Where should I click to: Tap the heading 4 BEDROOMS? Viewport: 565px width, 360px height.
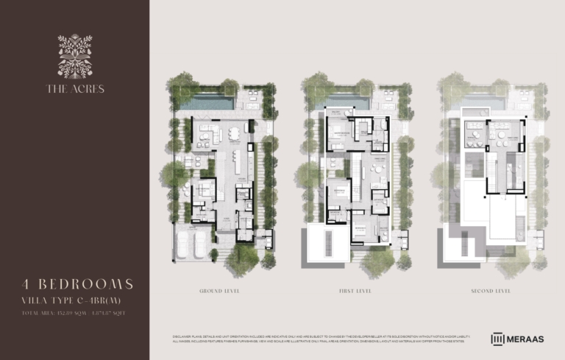pyautogui.click(x=77, y=284)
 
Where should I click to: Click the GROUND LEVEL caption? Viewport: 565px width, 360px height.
pyautogui.click(x=220, y=292)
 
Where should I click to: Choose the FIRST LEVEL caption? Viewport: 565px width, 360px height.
pyautogui.click(x=355, y=292)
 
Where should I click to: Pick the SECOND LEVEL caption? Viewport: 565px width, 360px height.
pyautogui.click(x=491, y=292)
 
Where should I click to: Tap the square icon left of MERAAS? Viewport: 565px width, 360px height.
pyautogui.click(x=498, y=339)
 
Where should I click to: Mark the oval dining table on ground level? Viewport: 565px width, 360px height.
pyautogui.click(x=233, y=134)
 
